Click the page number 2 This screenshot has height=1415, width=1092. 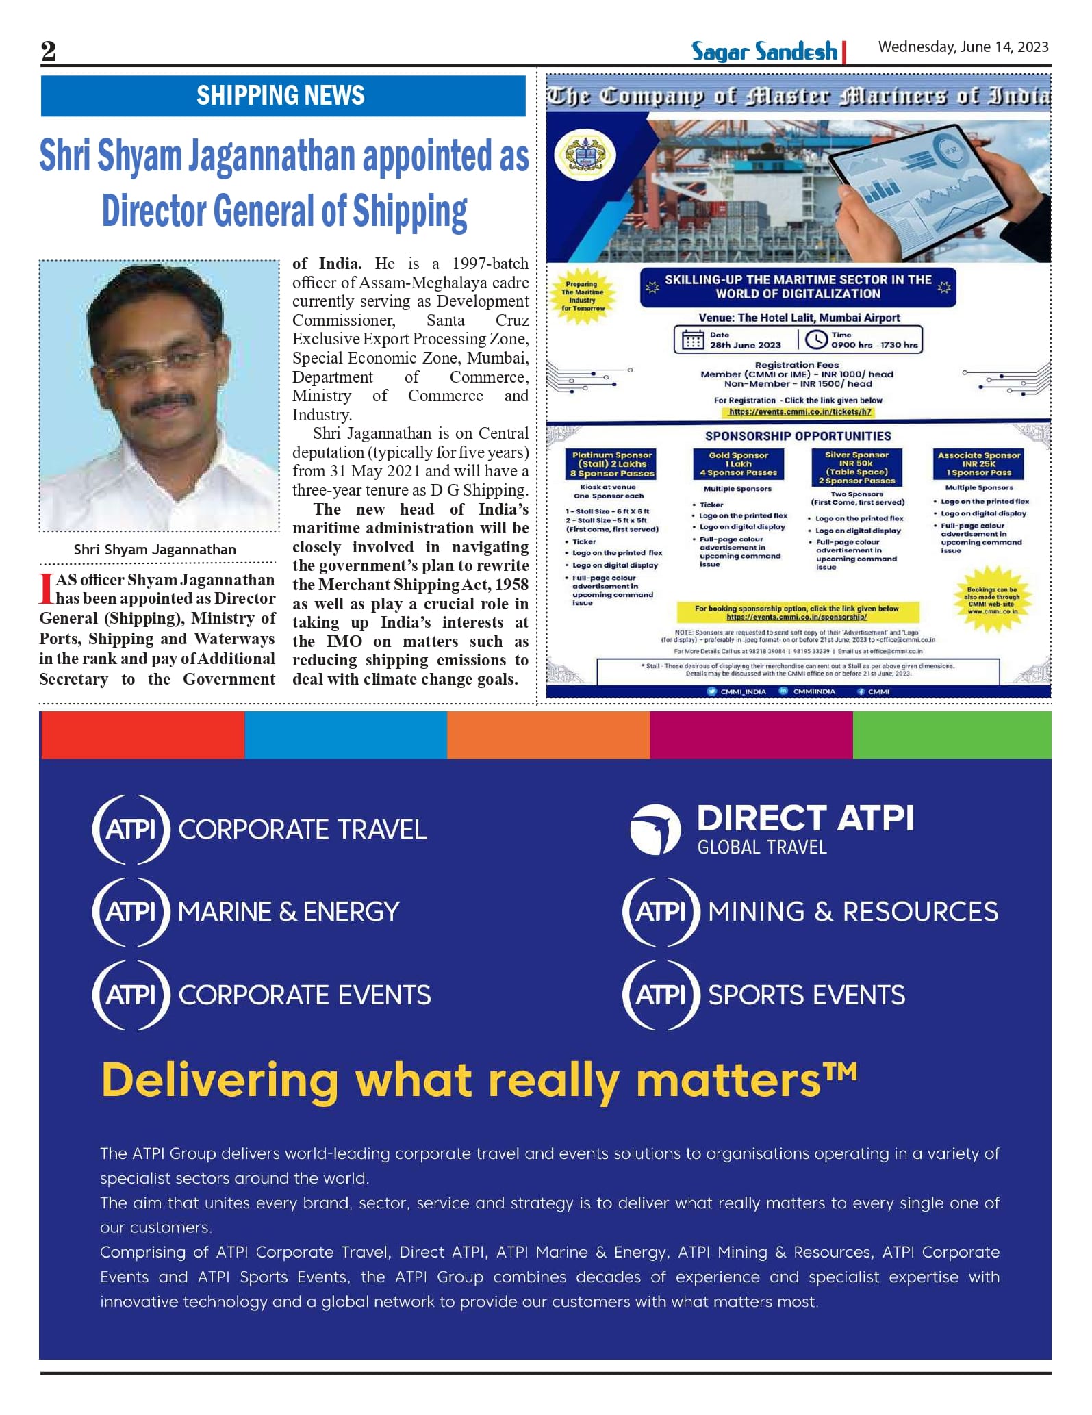click(x=48, y=51)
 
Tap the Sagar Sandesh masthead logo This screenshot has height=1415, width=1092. click(x=764, y=51)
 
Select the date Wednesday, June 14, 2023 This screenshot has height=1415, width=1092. click(x=963, y=47)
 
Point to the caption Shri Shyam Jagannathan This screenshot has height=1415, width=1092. click(x=155, y=549)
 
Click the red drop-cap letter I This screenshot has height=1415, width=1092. click(x=46, y=589)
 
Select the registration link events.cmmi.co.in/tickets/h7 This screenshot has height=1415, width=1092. click(x=800, y=412)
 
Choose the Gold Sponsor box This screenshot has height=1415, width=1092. click(x=738, y=463)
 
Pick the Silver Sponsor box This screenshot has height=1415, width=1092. click(x=856, y=467)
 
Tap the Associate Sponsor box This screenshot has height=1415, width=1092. click(x=978, y=463)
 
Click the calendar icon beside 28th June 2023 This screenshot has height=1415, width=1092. click(x=692, y=340)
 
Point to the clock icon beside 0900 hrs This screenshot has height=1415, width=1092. click(x=815, y=340)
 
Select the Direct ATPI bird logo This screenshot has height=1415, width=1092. click(x=655, y=830)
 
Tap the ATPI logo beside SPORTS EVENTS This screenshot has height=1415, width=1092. click(x=661, y=994)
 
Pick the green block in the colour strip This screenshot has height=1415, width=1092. click(x=952, y=735)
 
